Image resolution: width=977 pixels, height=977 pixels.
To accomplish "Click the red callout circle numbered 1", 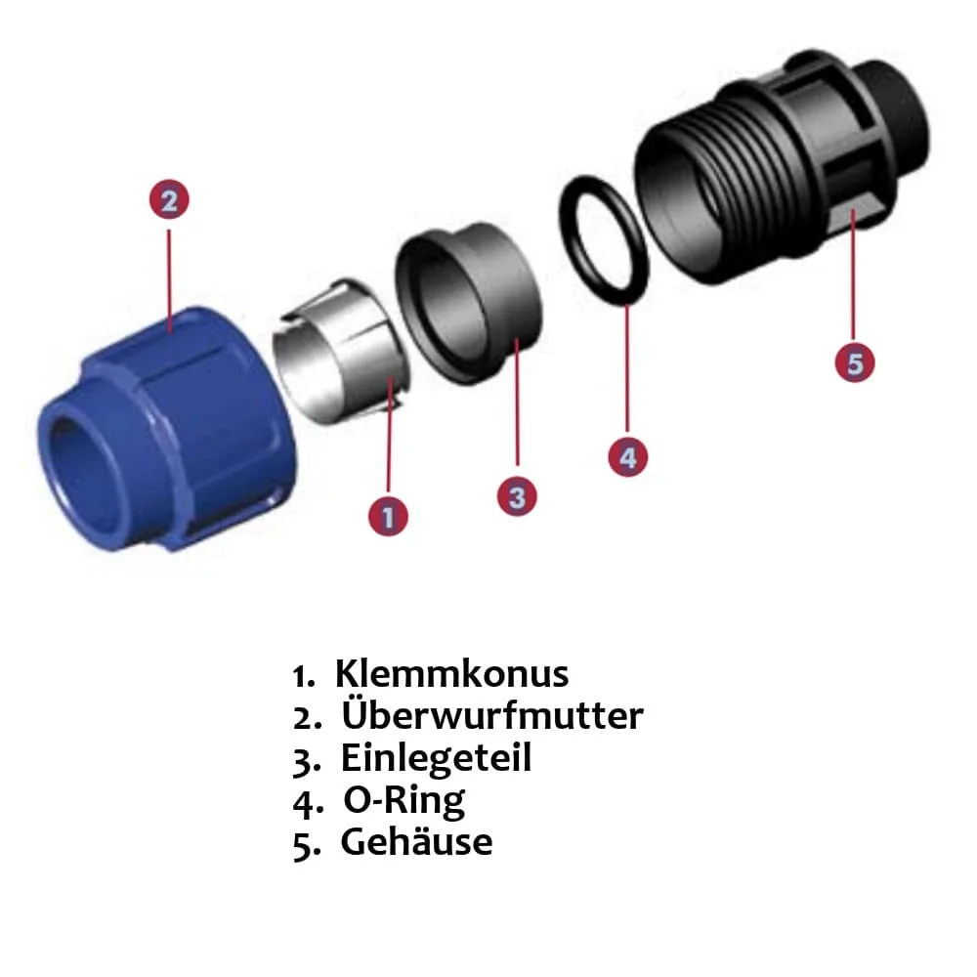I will pos(388,516).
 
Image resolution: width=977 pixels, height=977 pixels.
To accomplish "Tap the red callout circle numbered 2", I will pos(169,201).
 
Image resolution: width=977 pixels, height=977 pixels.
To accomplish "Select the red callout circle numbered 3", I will pos(517,496).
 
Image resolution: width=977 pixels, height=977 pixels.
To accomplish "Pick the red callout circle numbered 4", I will pos(627,457).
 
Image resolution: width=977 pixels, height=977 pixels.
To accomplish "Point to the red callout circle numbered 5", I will pos(855,363).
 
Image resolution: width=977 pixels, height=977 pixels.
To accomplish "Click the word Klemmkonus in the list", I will pos(451,674).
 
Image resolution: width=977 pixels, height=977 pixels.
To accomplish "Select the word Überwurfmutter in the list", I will pos(492,716).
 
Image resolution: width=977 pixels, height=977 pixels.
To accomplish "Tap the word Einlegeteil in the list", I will pos(436,758).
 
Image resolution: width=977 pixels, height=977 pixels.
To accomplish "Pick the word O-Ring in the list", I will pos(404,800).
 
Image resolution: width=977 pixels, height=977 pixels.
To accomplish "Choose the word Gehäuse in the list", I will pos(416,842).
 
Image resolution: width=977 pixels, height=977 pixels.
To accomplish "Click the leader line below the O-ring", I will pos(626,371).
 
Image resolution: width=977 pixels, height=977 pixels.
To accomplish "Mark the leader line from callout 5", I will pos(854,283).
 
